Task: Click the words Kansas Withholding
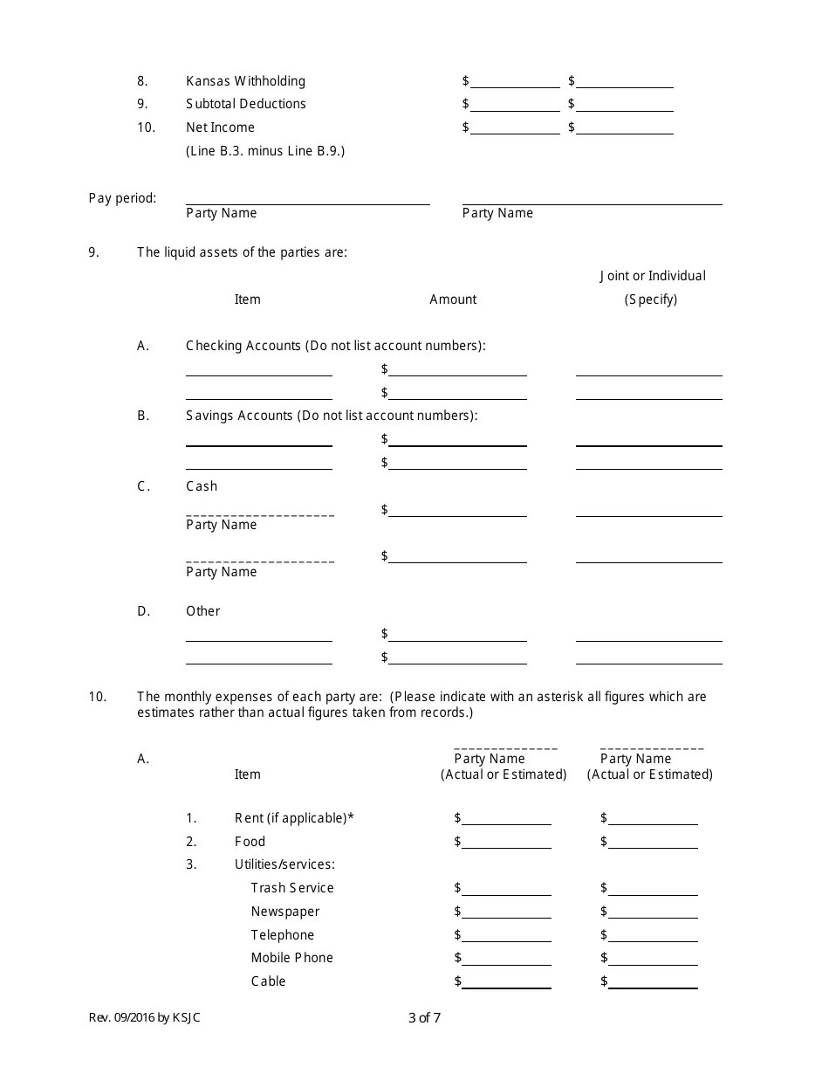point(245,81)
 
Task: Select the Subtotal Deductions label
point(245,104)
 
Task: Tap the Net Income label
point(220,127)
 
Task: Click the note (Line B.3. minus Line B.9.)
point(265,151)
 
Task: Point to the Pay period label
point(122,198)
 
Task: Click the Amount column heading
point(453,299)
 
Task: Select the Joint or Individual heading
point(652,276)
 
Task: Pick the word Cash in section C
point(202,486)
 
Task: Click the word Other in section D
point(202,611)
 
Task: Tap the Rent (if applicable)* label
point(294,818)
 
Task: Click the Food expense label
point(250,842)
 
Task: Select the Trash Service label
point(292,888)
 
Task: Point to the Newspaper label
point(285,912)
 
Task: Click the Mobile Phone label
point(292,958)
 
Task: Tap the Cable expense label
point(268,981)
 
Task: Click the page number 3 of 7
point(424,1017)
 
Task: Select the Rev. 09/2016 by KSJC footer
point(144,1017)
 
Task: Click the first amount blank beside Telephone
point(506,936)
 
